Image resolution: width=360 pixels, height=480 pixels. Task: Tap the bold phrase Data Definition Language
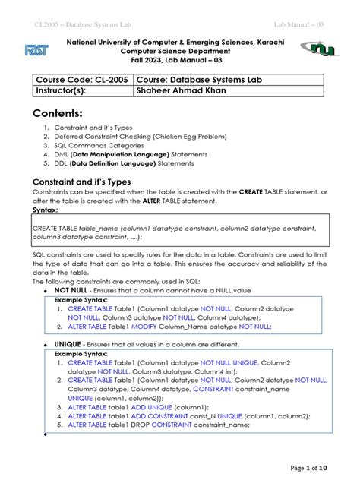tap(116, 163)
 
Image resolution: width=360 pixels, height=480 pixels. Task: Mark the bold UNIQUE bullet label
tap(68, 344)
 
